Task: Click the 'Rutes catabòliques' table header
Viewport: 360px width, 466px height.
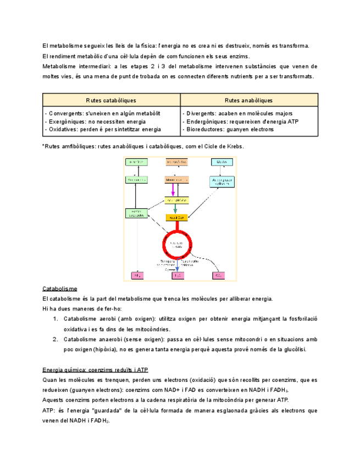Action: coord(112,100)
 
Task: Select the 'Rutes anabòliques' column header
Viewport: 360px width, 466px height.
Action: coord(249,100)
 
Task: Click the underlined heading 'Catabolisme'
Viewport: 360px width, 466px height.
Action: coord(59,289)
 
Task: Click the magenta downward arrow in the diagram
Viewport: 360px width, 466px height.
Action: coord(174,190)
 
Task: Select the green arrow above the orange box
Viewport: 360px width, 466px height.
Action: coord(175,209)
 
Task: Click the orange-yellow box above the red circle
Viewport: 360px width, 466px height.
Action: coord(177,218)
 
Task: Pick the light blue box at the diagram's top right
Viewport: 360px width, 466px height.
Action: coord(221,162)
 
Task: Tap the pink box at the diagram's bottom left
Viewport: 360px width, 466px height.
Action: coord(136,275)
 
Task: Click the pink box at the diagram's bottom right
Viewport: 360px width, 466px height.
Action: coord(218,275)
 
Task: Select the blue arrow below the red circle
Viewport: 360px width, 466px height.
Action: coord(177,265)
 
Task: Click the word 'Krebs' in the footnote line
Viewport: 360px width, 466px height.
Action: coord(234,146)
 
